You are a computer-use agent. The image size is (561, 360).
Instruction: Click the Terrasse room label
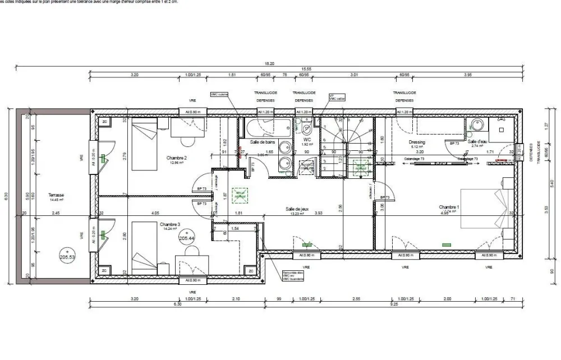coord(56,195)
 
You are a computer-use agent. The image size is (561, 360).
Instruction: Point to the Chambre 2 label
coord(176,158)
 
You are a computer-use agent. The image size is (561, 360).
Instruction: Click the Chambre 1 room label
coord(449,207)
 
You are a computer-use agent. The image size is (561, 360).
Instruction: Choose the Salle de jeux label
coord(297,207)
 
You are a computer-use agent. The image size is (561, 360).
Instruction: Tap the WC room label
coord(307,140)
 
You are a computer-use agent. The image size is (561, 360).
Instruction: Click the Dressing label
coord(417,142)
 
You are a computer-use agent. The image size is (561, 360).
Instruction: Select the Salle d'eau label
coord(477,142)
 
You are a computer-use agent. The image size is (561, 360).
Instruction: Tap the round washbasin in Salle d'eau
coord(477,125)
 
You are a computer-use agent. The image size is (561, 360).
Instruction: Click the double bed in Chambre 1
coord(486,209)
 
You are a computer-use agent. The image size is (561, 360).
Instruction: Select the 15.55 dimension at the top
coord(306,69)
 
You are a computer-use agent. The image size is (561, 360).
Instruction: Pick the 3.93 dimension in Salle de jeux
coord(319,213)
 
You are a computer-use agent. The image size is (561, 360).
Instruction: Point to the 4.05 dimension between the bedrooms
coord(155,213)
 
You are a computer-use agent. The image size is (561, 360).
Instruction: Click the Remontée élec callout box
coord(293,275)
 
